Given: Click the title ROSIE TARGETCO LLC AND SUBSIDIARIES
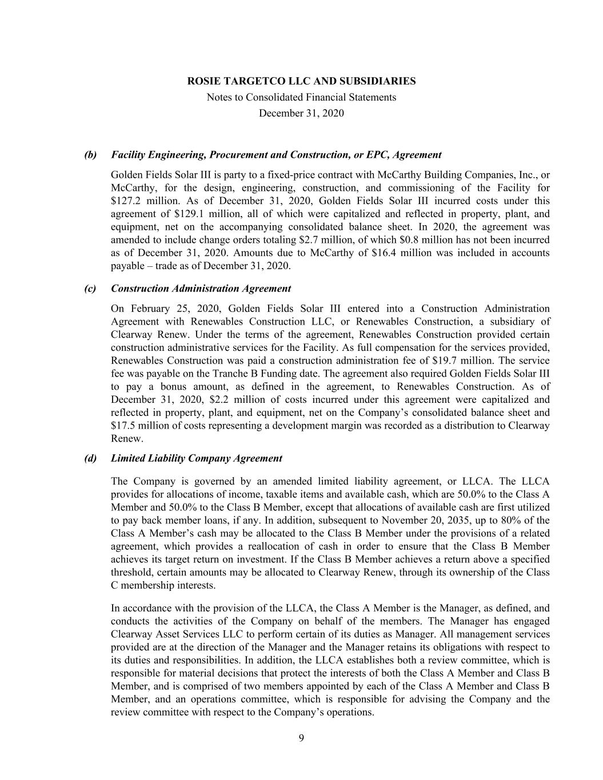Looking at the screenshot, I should (301, 81).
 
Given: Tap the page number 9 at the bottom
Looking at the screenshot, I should (301, 738).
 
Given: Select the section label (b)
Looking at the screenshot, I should (90, 155).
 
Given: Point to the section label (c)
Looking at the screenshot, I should (90, 289).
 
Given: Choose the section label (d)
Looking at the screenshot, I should (90, 458).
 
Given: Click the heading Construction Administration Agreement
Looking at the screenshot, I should (201, 289).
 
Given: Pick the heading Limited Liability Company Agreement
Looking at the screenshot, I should (197, 458).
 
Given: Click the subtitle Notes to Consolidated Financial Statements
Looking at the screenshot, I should (301, 97).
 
